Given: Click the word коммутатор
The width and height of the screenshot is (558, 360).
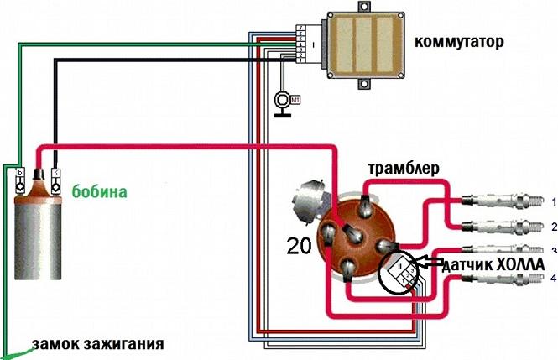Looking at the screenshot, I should coord(459,41).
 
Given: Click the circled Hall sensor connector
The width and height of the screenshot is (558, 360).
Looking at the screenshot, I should coord(400,273).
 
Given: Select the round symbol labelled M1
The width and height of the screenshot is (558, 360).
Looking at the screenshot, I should coord(284,101).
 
